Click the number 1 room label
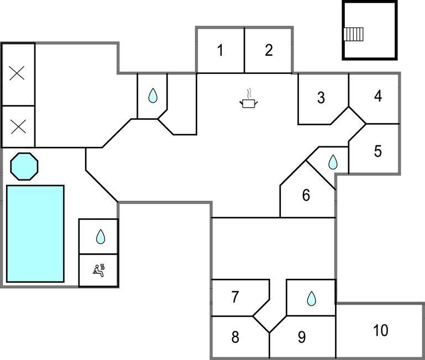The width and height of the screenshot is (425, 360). (220, 51)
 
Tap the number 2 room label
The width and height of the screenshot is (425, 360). (269, 51)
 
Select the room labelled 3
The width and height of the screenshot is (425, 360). (321, 98)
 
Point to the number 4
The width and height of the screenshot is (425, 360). (378, 96)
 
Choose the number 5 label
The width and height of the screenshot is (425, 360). (378, 151)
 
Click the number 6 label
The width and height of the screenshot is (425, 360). (306, 195)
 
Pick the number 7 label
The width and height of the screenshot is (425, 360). (235, 297)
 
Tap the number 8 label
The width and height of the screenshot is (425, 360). (235, 337)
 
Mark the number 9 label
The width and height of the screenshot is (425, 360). (302, 337)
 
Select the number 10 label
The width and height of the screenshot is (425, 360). (380, 331)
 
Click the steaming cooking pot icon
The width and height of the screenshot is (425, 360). (249, 99)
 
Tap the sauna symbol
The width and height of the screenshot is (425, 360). (98, 270)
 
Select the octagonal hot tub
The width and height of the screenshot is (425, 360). (24, 166)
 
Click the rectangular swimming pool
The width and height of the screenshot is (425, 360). (35, 234)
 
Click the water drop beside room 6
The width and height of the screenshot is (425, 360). (333, 162)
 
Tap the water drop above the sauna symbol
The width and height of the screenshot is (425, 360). (100, 237)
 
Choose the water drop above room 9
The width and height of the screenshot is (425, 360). (311, 299)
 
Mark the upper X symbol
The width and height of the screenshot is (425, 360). (17, 73)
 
